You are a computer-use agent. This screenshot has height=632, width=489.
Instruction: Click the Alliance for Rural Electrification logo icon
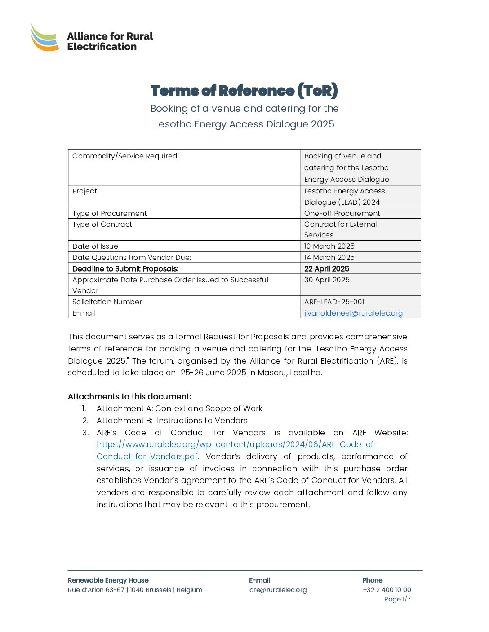[45, 38]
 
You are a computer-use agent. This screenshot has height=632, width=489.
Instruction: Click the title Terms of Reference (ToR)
[244, 91]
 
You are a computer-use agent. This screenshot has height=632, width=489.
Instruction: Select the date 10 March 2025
[329, 246]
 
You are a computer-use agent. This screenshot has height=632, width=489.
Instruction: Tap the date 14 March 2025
[329, 257]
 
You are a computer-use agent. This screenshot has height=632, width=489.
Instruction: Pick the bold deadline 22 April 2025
[326, 268]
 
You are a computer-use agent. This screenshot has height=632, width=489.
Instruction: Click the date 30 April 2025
[326, 280]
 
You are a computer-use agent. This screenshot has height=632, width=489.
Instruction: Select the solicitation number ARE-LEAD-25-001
[334, 302]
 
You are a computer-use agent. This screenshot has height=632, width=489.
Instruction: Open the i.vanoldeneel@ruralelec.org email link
[353, 313]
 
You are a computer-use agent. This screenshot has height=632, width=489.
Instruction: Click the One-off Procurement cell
[342, 213]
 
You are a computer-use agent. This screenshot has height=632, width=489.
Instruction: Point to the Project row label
[84, 191]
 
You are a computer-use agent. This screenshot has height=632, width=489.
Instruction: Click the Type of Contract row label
[102, 224]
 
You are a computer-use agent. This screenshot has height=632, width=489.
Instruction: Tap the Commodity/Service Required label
[124, 156]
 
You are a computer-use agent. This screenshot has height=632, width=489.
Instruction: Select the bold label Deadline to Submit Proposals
[125, 268]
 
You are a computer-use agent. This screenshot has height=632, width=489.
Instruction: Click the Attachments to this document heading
[129, 396]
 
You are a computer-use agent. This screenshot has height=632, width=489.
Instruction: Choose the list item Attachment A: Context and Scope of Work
[179, 408]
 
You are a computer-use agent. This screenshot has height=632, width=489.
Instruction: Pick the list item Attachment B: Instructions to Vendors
[172, 421]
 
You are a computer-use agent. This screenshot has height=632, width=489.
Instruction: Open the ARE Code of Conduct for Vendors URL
[237, 444]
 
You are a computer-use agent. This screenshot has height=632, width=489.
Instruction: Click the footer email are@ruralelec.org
[278, 590]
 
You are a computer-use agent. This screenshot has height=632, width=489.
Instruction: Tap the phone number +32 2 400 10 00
[387, 590]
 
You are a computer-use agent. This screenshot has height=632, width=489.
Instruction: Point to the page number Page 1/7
[397, 599]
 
